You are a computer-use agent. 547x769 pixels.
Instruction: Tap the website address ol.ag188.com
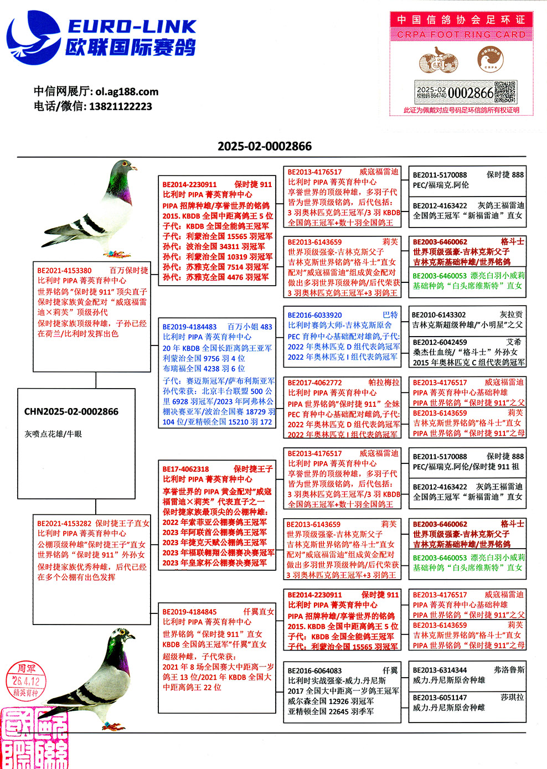pyautogui.click(x=127, y=92)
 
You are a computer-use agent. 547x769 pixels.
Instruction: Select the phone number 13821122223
pyautogui.click(x=120, y=106)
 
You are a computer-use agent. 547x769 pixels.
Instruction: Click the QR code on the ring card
pyautogui.click(x=505, y=92)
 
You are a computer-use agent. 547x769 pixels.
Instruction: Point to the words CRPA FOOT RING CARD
pyautogui.click(x=461, y=34)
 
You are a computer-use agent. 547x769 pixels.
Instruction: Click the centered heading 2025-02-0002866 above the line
pyautogui.click(x=265, y=146)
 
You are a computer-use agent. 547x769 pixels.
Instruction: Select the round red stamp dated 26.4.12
pyautogui.click(x=26, y=681)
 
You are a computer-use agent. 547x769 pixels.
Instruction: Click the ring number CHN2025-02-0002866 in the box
pyautogui.click(x=71, y=411)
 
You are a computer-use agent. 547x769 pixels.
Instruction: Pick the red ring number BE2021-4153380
pyautogui.click(x=65, y=271)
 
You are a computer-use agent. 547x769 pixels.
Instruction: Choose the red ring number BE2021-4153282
pyautogui.click(x=64, y=523)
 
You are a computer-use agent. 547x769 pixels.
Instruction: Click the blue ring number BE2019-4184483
pyautogui.click(x=189, y=327)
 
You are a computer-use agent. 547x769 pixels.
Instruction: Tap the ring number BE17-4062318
pyautogui.click(x=186, y=469)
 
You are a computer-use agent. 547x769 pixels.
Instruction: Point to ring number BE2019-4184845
pyautogui.click(x=189, y=612)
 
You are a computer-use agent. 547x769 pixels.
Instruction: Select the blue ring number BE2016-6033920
pyautogui.click(x=314, y=315)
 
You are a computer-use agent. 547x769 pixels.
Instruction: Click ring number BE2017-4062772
pyautogui.click(x=314, y=383)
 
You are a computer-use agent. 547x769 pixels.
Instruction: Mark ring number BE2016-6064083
pyautogui.click(x=314, y=670)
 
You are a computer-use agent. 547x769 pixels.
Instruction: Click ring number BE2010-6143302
pyautogui.click(x=439, y=315)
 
